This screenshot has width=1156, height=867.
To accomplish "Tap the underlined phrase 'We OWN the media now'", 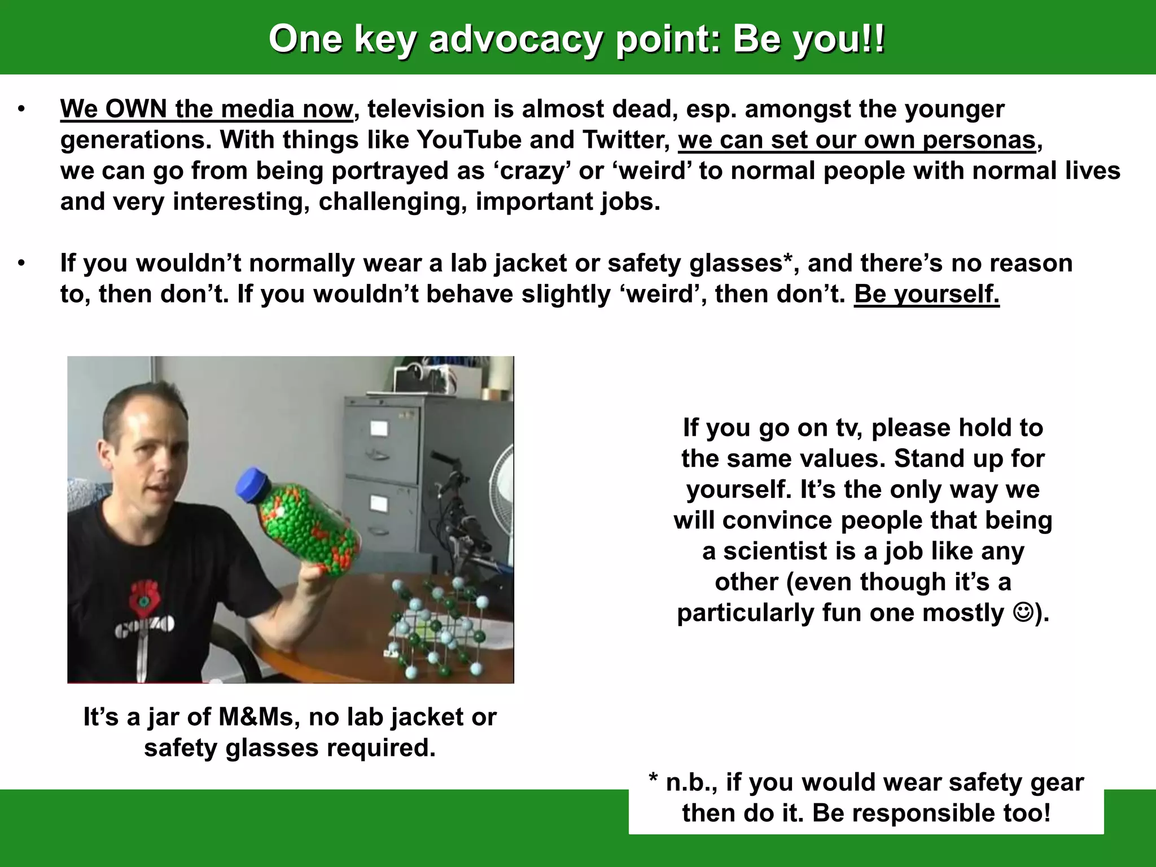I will pos(206,109).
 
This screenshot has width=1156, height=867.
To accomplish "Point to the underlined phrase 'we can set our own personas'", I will pos(857,140).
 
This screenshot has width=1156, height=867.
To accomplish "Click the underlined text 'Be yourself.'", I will pos(926,294).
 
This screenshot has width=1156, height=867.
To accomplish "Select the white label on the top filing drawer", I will pos(378,428).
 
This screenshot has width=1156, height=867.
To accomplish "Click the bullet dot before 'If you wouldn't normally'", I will pos(21,263).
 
